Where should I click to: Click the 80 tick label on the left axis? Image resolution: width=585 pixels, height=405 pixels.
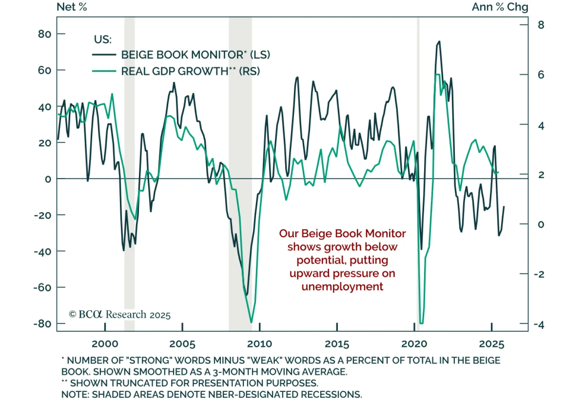[x=45, y=34]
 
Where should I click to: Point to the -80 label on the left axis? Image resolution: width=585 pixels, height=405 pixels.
[x=42, y=324]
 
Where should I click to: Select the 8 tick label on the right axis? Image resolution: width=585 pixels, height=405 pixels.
[x=541, y=25]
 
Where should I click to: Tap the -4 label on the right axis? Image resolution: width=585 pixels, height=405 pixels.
[x=539, y=325]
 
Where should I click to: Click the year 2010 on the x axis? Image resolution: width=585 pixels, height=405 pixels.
[x=260, y=344]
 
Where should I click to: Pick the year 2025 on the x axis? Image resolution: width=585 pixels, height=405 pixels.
[x=492, y=344]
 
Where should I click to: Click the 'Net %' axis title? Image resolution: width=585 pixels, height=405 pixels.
[x=72, y=7]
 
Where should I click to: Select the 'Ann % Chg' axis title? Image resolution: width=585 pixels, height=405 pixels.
[x=500, y=7]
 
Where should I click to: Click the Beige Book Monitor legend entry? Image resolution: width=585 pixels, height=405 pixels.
[x=196, y=55]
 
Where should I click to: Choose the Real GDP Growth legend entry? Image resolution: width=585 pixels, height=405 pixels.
[x=190, y=71]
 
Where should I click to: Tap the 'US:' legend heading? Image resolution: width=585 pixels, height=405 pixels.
[x=103, y=39]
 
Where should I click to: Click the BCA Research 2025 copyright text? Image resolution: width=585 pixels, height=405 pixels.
[x=120, y=315]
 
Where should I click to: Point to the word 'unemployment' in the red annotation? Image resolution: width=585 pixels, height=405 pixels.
[x=342, y=286]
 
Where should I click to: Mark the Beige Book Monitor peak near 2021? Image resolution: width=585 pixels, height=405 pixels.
[x=439, y=42]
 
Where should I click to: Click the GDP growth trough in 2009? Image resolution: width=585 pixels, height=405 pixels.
[x=251, y=322]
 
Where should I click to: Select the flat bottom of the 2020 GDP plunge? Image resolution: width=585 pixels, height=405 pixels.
[x=421, y=323]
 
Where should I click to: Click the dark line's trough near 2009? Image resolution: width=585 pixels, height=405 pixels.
[x=247, y=295]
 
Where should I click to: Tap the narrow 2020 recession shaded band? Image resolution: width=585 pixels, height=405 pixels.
[x=418, y=110]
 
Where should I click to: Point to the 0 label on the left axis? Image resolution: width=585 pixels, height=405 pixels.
[x=48, y=179]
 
